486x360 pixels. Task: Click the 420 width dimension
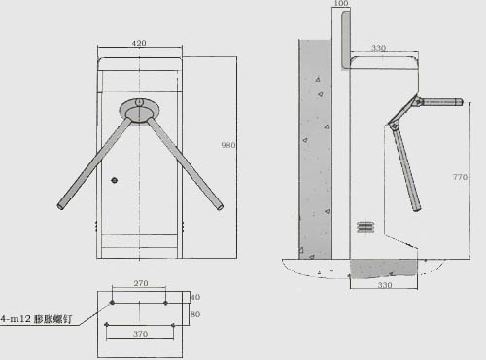coord(139,45)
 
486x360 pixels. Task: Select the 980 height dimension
coord(228,145)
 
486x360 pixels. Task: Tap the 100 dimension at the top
coord(339,5)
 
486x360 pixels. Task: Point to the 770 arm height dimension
coord(462,177)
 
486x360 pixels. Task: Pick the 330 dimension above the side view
coord(378,47)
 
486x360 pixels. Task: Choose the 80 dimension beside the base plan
coord(193,314)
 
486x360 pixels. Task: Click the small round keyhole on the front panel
coord(114,180)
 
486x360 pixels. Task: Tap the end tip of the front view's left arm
coord(60,206)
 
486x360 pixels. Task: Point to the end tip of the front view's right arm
coord(220,205)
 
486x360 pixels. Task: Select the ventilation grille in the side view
coord(365,226)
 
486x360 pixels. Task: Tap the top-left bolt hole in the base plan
coord(112,303)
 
